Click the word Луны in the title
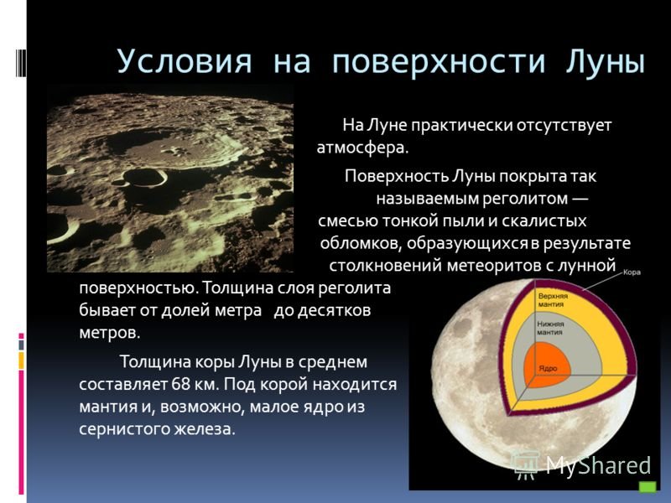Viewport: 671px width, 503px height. click(605, 62)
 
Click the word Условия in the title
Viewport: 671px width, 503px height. click(185, 62)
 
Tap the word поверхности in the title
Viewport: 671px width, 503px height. click(439, 62)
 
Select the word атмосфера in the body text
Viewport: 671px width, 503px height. click(362, 148)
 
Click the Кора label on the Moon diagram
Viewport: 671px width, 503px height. click(632, 272)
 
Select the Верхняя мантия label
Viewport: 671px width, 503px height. click(553, 300)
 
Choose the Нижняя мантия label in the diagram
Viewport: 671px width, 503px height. click(550, 328)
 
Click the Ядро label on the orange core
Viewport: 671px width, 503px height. click(549, 368)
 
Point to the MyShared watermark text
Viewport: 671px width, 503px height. click(598, 465)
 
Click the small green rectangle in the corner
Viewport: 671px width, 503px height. click(648, 487)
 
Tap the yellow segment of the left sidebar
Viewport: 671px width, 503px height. click(21, 360)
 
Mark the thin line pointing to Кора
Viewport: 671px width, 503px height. click(602, 281)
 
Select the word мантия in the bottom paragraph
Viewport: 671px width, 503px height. click(108, 407)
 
